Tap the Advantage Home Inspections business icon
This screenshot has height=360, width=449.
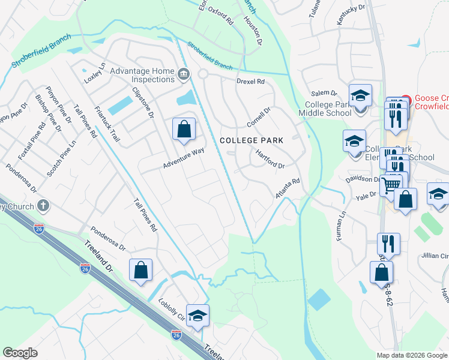pyautogui.click(x=184, y=75)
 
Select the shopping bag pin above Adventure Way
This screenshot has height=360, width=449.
pyautogui.click(x=184, y=129)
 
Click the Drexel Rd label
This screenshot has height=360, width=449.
pyautogui.click(x=250, y=81)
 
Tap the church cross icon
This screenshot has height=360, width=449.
pyautogui.click(x=42, y=206)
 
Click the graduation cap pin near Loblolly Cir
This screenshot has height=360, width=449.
pyautogui.click(x=197, y=316)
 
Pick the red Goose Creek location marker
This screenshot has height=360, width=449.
pyautogui.click(x=406, y=100)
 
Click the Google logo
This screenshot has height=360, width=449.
pyautogui.click(x=20, y=353)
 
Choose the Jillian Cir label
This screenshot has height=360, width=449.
pyautogui.click(x=435, y=256)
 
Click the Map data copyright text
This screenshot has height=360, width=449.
pyautogui.click(x=411, y=355)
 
